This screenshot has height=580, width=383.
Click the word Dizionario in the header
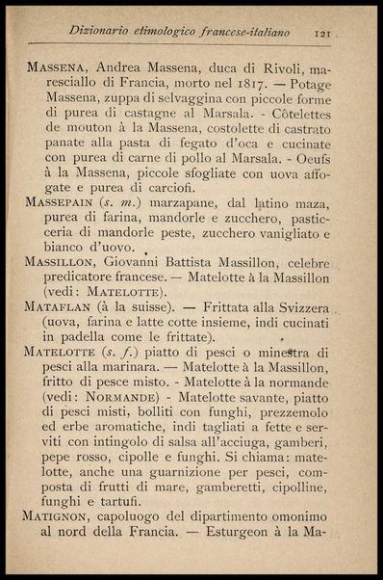point(103,32)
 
